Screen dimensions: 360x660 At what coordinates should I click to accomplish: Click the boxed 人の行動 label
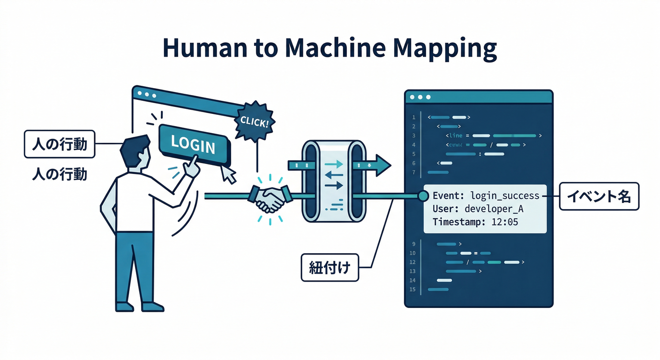tap(59, 144)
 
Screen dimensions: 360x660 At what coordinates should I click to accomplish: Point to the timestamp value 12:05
tap(504, 222)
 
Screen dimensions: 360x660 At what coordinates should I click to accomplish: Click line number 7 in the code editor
tap(413, 172)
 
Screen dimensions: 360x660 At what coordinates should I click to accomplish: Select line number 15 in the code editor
tap(412, 289)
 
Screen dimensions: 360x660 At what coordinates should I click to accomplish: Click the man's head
tap(135, 151)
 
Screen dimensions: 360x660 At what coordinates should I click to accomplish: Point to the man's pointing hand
tap(192, 166)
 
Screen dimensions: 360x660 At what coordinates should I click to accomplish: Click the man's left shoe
tap(124, 307)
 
